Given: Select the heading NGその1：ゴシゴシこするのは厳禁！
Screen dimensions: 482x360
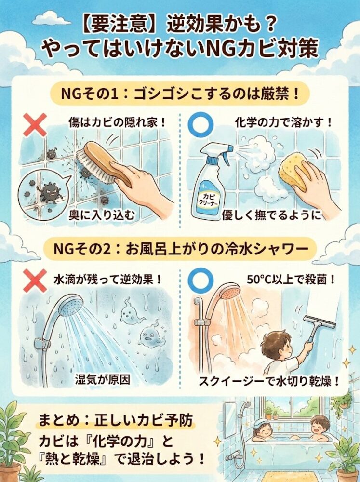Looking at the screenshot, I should click(180, 93).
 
